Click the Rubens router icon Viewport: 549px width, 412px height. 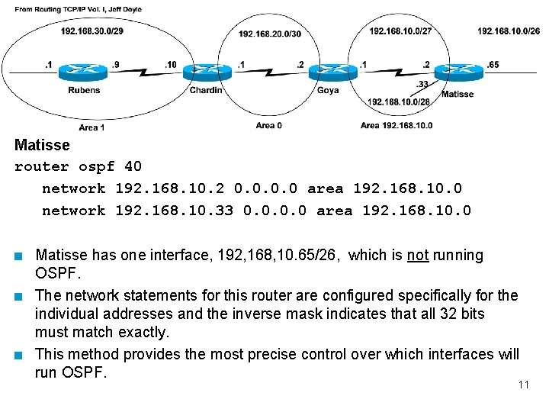tap(84, 72)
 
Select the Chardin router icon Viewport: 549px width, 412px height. tap(206, 72)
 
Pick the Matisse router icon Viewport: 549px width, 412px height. tap(457, 72)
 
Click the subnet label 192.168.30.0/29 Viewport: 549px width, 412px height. tap(91, 31)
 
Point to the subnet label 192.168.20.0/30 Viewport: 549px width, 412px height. tap(270, 34)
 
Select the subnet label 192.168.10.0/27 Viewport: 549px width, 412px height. tap(400, 31)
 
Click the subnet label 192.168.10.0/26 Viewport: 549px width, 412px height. tap(509, 31)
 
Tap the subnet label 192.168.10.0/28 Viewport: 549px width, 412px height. tap(399, 101)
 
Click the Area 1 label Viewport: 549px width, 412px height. tap(91, 127)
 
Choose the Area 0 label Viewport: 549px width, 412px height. tap(268, 125)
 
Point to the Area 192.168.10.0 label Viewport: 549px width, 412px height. tap(396, 125)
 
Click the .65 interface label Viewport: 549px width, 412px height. tap(493, 65)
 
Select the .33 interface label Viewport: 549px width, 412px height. tap(422, 84)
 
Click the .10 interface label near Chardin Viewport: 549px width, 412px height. tap(170, 65)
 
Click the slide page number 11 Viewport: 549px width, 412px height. tap(523, 385)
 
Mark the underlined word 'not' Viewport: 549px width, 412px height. tap(417, 256)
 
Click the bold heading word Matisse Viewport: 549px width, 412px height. tap(42, 145)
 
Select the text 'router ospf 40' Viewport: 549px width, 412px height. tap(78, 166)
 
